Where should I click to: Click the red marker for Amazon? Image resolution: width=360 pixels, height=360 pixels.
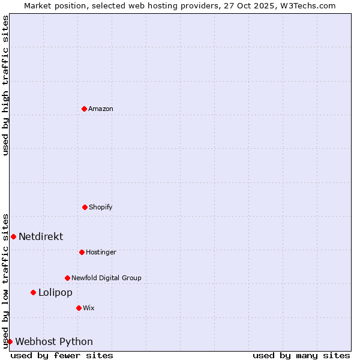[84, 109]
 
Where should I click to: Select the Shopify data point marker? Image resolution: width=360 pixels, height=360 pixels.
[85, 207]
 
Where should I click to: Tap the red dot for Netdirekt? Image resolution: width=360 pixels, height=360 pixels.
[13, 236]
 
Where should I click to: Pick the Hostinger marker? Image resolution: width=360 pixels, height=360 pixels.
[82, 252]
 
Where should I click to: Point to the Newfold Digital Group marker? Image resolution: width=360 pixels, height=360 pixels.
[67, 278]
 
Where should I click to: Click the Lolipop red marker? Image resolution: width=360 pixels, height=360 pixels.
[33, 292]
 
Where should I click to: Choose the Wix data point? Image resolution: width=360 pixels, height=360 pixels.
[79, 308]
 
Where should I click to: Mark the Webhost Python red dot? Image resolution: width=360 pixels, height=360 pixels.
[10, 341]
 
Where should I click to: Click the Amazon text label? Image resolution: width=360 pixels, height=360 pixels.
[101, 109]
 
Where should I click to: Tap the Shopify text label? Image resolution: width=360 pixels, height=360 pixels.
[101, 207]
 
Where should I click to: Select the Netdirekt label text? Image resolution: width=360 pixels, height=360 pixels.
[41, 236]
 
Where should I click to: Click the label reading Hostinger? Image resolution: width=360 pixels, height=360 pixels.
[101, 252]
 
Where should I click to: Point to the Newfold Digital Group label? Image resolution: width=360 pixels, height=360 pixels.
[107, 278]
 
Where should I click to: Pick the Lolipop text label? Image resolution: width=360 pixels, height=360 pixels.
[55, 292]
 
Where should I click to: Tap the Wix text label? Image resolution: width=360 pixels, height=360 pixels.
[89, 308]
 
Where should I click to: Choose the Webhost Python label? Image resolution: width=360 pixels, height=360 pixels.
[54, 341]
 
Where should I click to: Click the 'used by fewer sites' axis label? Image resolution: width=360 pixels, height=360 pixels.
[62, 355]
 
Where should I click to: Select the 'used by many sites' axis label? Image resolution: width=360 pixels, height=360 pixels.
[301, 355]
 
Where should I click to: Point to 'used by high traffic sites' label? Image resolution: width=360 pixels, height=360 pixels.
[5, 85]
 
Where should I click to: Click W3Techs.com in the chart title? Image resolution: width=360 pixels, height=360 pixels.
[306, 5]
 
